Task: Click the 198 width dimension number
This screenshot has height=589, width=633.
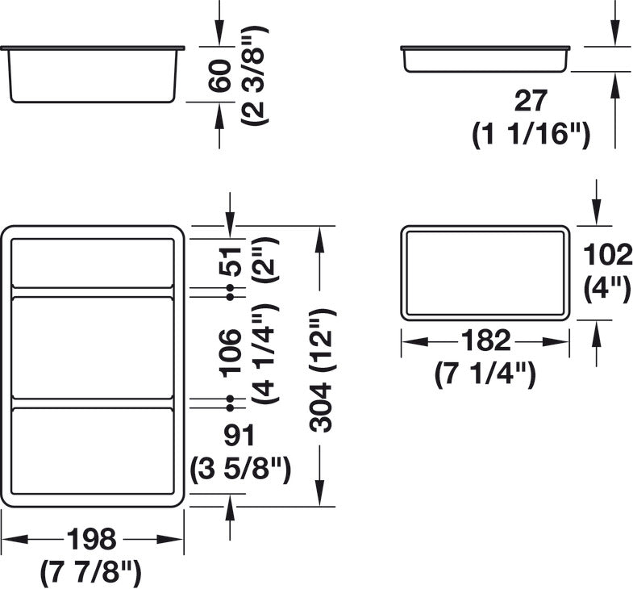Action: click(x=91, y=539)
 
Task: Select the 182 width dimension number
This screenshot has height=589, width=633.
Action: click(x=485, y=340)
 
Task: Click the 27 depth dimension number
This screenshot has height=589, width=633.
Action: click(x=531, y=101)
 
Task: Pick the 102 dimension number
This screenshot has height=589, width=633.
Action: click(x=607, y=254)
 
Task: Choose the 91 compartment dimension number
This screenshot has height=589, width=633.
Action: click(x=239, y=435)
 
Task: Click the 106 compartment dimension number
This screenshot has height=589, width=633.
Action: click(x=231, y=353)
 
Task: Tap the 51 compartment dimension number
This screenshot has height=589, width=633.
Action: click(x=231, y=261)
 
